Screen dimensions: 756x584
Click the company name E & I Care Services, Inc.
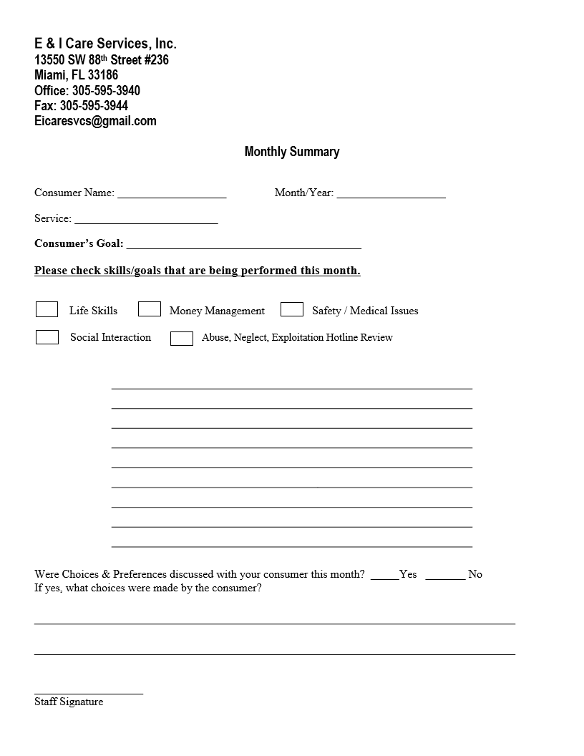pyautogui.click(x=105, y=44)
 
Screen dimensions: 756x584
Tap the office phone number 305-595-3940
pyautogui.click(x=106, y=91)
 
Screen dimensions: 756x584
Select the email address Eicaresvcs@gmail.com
pyautogui.click(x=95, y=121)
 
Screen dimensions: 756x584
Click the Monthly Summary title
pyautogui.click(x=292, y=152)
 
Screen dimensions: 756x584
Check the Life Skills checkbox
pyautogui.click(x=47, y=309)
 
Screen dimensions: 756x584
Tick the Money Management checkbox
pyautogui.click(x=150, y=309)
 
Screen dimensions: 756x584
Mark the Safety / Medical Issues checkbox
pyautogui.click(x=292, y=309)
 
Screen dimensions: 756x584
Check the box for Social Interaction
pyautogui.click(x=47, y=337)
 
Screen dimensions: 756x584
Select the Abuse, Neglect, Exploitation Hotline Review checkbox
pyautogui.click(x=182, y=339)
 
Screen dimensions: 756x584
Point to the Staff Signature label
pyautogui.click(x=69, y=702)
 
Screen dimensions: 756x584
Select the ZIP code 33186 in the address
pyautogui.click(x=103, y=75)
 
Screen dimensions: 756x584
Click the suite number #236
pyautogui.click(x=157, y=60)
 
